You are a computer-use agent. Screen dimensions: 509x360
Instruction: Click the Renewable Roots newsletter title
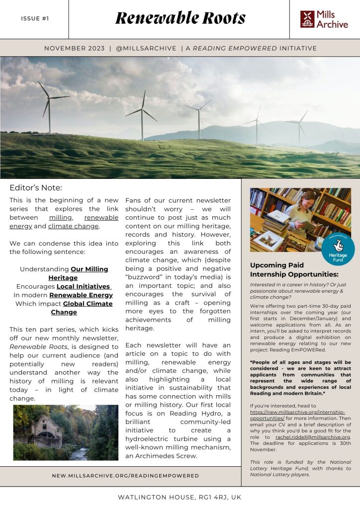click(180, 18)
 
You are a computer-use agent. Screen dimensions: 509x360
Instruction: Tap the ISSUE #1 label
click(35, 19)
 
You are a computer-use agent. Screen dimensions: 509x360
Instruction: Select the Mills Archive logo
click(324, 19)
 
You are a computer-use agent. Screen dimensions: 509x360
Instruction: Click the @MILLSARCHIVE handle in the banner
click(146, 48)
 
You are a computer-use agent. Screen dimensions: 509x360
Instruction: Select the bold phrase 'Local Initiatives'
click(83, 286)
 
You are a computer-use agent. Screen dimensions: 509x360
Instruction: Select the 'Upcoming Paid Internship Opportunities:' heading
click(294, 269)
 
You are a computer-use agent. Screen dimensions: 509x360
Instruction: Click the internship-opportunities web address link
click(297, 416)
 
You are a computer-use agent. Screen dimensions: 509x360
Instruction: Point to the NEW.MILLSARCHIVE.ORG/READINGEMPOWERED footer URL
click(125, 476)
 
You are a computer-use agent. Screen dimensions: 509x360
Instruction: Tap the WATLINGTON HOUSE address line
click(180, 497)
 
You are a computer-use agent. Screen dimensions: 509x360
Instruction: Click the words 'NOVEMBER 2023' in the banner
click(74, 48)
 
